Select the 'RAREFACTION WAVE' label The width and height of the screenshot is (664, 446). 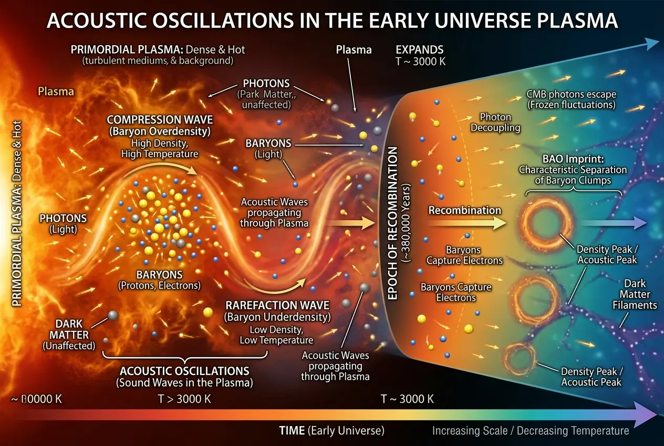tap(277, 305)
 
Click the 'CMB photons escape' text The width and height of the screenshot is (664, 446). tap(571, 94)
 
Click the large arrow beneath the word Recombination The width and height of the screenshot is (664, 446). tap(464, 223)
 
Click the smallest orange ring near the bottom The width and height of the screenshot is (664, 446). tap(520, 358)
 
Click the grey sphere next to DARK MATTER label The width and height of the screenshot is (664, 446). tap(112, 316)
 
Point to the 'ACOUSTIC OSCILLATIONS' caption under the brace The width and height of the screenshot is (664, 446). tap(184, 371)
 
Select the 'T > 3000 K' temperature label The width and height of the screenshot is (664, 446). tap(184, 399)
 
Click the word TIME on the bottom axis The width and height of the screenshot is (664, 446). tap(291, 431)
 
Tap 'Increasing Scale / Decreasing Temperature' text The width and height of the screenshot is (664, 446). tap(531, 431)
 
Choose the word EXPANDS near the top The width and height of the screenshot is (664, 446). tap(420, 50)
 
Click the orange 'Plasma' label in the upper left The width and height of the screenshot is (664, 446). tap(56, 92)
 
